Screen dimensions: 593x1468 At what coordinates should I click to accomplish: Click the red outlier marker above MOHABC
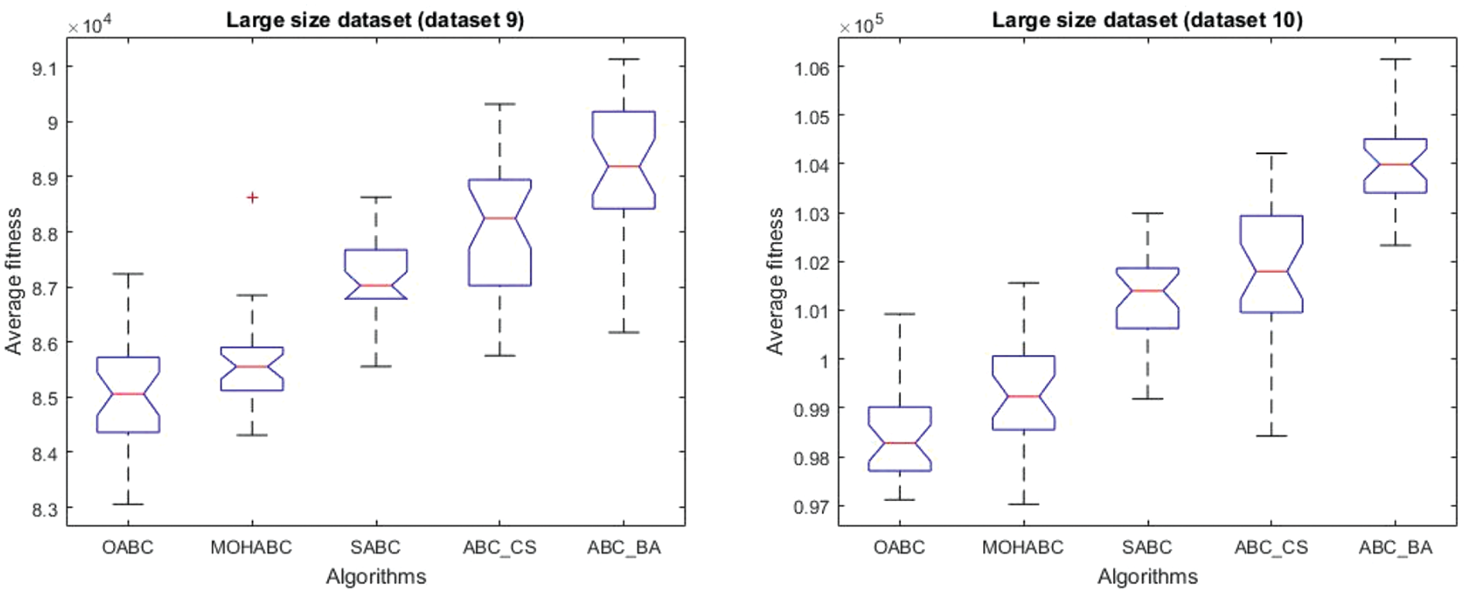pyautogui.click(x=252, y=198)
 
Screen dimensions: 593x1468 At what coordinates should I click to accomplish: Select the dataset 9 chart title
pyautogui.click(x=375, y=20)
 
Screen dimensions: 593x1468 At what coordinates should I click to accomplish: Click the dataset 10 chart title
pyautogui.click(x=1147, y=20)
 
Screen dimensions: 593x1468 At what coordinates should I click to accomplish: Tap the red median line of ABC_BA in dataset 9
pyautogui.click(x=623, y=166)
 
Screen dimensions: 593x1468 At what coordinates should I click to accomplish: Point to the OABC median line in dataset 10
pyautogui.click(x=900, y=443)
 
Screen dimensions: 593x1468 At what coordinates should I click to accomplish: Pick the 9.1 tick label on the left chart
pyautogui.click(x=44, y=68)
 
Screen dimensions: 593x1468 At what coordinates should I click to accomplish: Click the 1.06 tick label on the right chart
pyautogui.click(x=811, y=68)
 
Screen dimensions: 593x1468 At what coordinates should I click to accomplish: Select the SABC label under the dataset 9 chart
pyautogui.click(x=375, y=547)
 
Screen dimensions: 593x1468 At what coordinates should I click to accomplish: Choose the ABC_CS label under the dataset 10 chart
pyautogui.click(x=1271, y=547)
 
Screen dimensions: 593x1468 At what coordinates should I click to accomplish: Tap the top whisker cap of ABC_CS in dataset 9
pyautogui.click(x=500, y=104)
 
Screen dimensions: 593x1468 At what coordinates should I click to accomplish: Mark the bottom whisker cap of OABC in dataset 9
pyautogui.click(x=128, y=504)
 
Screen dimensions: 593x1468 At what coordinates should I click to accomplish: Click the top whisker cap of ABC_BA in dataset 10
pyautogui.click(x=1395, y=59)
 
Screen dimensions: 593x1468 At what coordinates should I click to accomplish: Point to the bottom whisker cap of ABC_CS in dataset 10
pyautogui.click(x=1271, y=436)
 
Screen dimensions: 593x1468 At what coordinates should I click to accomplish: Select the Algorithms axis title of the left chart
pyautogui.click(x=376, y=577)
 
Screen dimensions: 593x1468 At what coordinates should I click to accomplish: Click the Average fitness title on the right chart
pyautogui.click(x=775, y=281)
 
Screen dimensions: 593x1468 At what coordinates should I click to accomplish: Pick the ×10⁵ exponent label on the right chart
pyautogui.click(x=861, y=26)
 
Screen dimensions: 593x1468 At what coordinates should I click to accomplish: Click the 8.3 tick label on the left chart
pyautogui.click(x=44, y=509)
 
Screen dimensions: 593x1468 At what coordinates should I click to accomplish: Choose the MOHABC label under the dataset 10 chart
pyautogui.click(x=1022, y=547)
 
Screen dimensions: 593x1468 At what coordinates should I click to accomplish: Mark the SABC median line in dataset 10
pyautogui.click(x=1147, y=291)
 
